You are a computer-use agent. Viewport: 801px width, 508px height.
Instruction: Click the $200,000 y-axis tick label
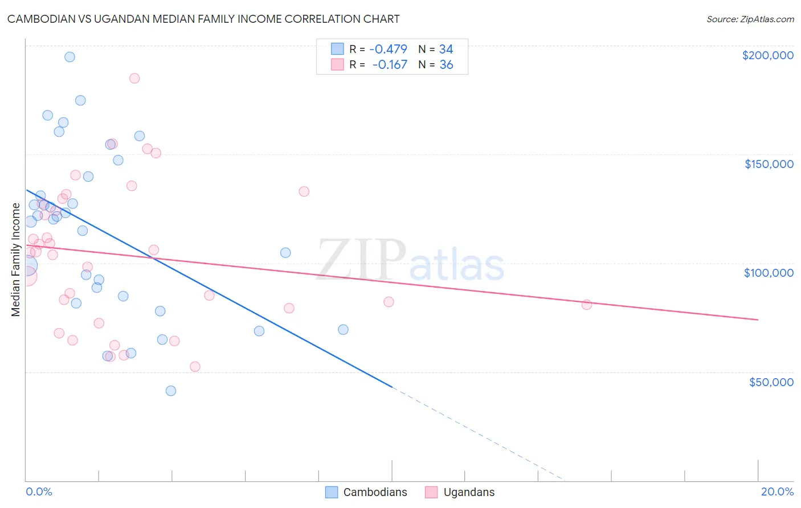[x=767, y=55]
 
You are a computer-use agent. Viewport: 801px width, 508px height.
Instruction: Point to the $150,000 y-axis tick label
[x=769, y=164]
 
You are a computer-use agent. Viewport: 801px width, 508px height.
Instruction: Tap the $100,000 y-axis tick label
[x=769, y=273]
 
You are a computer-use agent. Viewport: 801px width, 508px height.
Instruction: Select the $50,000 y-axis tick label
[x=771, y=382]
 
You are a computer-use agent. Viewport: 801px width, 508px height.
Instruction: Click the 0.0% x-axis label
[x=39, y=491]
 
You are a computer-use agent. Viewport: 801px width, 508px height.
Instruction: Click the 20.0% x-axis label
[x=777, y=491]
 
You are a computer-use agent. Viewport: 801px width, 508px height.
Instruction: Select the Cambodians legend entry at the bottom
[x=366, y=492]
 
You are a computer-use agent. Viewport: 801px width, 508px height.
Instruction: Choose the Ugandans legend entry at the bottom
[x=460, y=492]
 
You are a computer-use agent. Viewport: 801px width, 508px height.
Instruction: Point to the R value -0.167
[x=390, y=64]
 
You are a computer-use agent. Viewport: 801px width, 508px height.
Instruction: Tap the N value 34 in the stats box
[x=446, y=49]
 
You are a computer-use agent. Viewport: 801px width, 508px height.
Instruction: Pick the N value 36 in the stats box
[x=446, y=64]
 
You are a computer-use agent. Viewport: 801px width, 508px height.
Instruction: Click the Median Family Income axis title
[x=16, y=260]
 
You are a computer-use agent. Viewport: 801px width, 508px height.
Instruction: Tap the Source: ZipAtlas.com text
[x=750, y=19]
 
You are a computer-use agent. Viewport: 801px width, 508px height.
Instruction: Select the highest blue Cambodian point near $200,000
[x=70, y=57]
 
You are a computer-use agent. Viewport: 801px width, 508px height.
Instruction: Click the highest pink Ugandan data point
[x=134, y=79]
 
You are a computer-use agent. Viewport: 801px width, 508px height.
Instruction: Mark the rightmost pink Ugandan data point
[x=587, y=305]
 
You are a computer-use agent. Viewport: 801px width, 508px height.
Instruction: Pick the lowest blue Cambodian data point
[x=171, y=391]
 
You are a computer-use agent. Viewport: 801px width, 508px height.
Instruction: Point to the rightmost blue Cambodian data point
[x=343, y=330]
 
